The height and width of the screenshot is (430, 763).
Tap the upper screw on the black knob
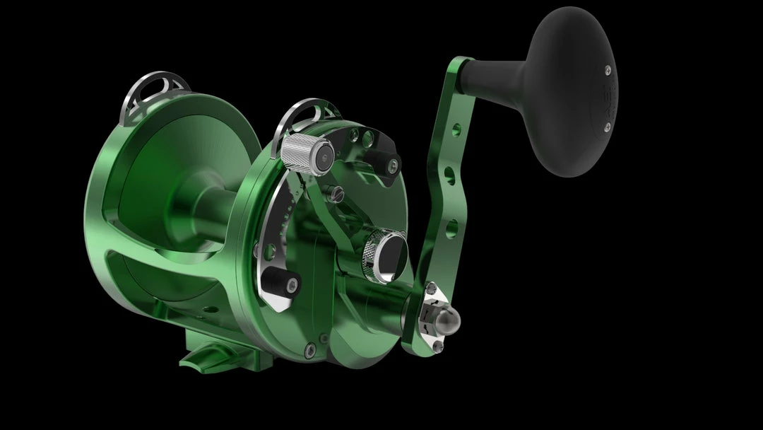(x=608, y=69)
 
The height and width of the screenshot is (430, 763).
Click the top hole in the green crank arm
(x=456, y=129)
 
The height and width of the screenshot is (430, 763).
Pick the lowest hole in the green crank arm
(x=447, y=227)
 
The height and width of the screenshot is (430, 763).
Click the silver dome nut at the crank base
(x=446, y=320)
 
